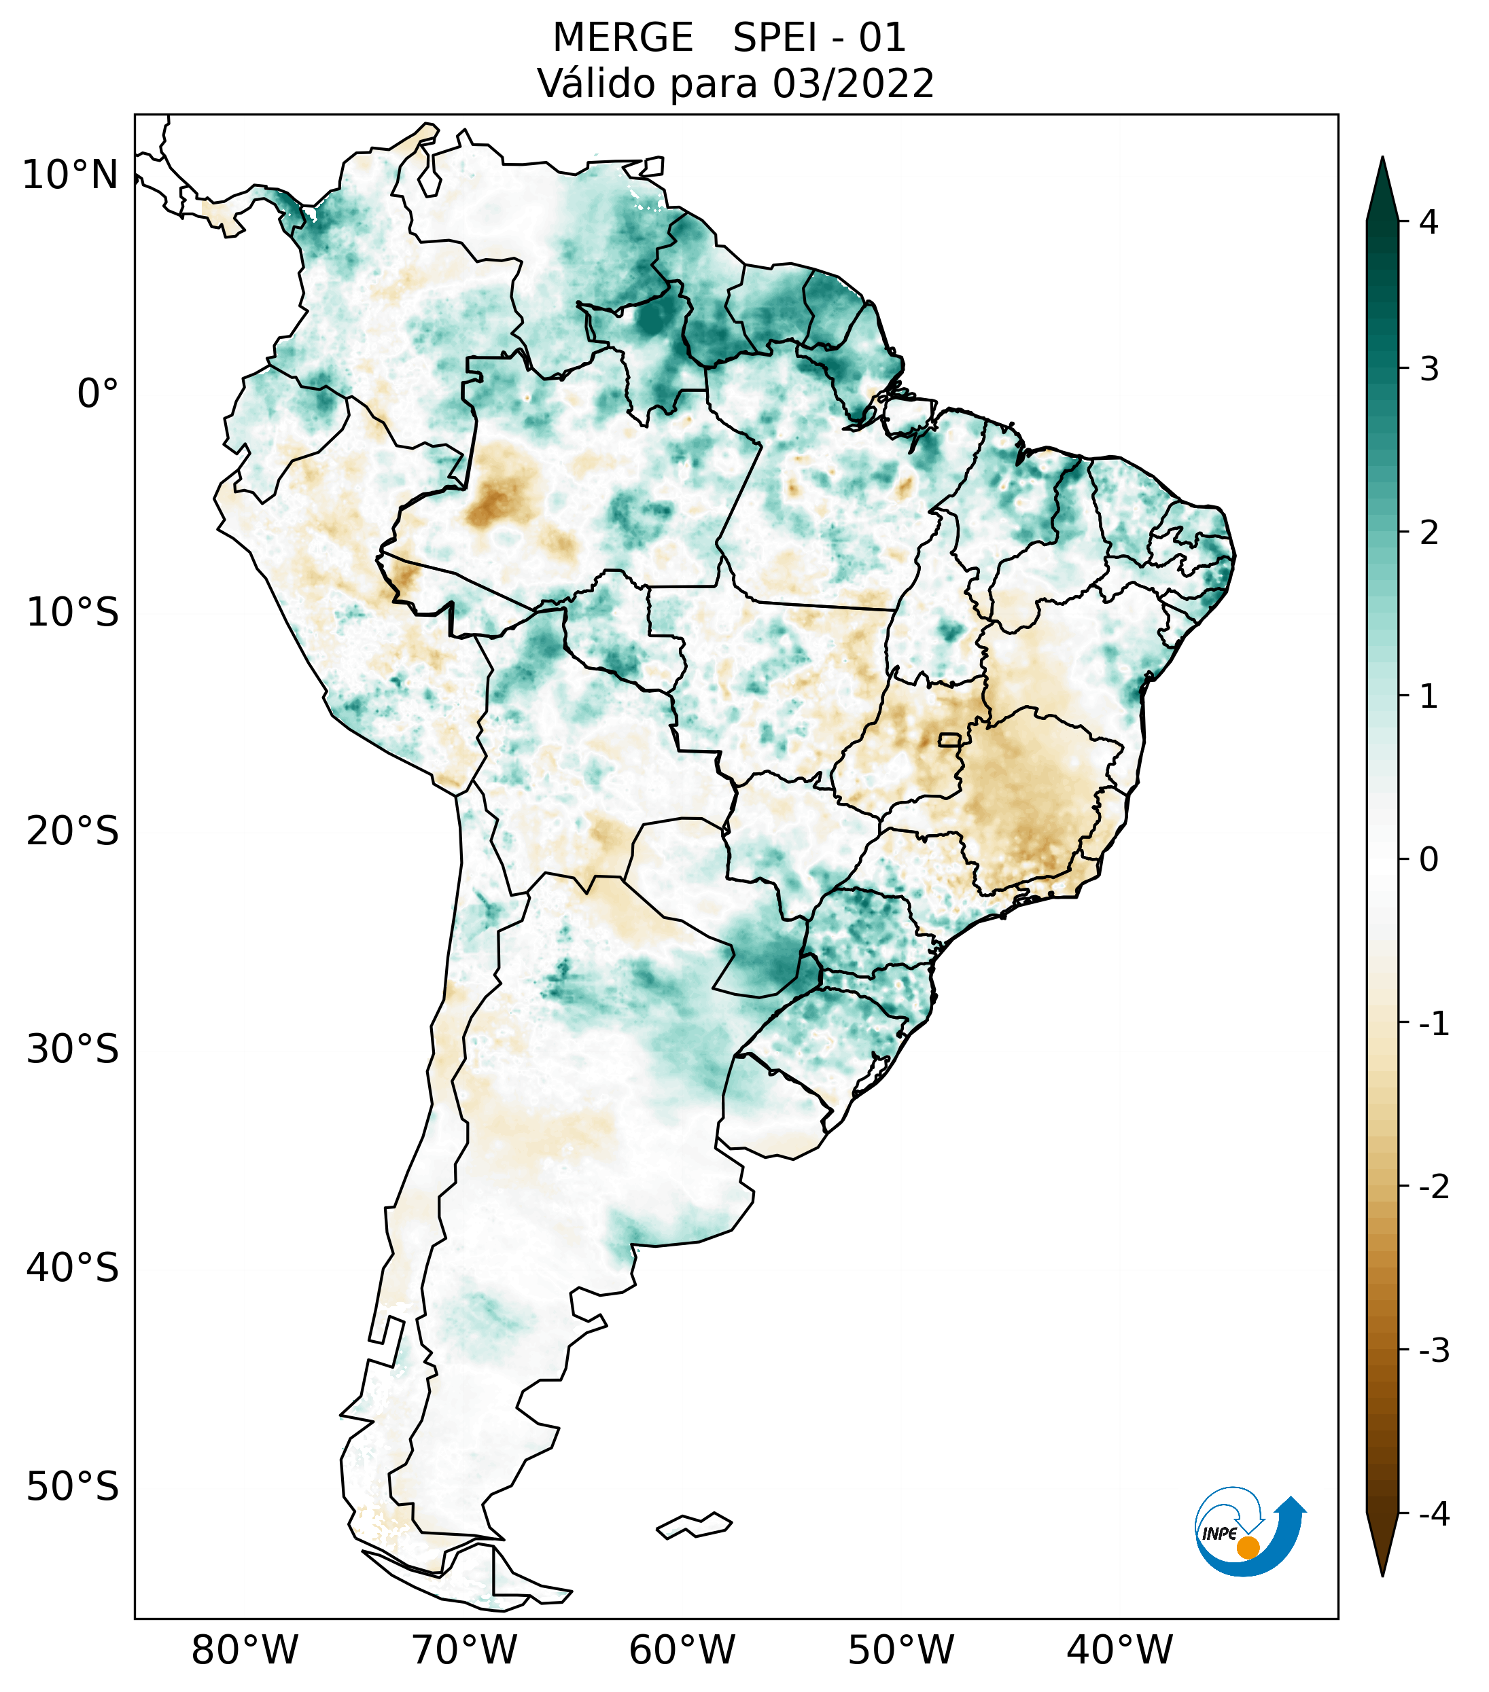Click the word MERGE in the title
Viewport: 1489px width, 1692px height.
coord(622,38)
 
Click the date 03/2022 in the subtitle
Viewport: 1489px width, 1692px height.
coord(853,84)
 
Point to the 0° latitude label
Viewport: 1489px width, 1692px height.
coord(98,393)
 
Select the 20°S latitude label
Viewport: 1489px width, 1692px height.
coord(73,831)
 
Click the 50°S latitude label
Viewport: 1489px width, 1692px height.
coord(73,1487)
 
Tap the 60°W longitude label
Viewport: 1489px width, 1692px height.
coord(682,1650)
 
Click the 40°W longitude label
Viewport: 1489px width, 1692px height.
coord(1120,1650)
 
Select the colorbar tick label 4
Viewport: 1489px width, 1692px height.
coord(1429,222)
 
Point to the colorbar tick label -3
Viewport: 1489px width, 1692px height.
coord(1433,1351)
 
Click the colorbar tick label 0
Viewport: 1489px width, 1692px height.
coord(1429,860)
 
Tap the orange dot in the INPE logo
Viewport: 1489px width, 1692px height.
coord(1248,1547)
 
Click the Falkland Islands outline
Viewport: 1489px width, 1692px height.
coord(694,1526)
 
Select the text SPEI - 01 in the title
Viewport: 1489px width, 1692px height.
coord(819,38)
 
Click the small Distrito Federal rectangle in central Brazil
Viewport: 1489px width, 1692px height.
coord(950,739)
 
